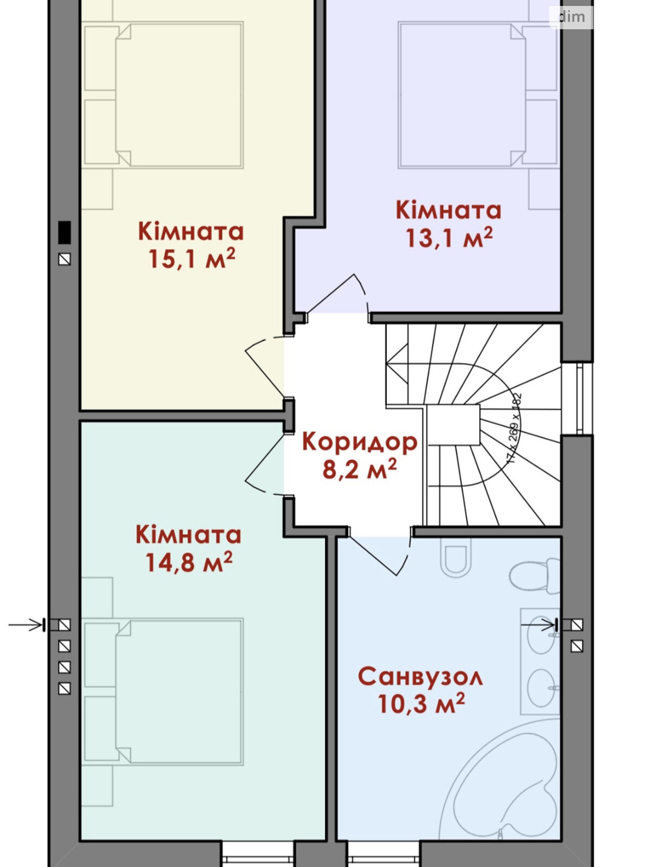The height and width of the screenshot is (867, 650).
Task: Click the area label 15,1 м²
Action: pyautogui.click(x=192, y=260)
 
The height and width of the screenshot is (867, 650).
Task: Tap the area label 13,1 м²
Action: pyautogui.click(x=449, y=238)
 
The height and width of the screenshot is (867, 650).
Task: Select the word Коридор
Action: pyautogui.click(x=360, y=442)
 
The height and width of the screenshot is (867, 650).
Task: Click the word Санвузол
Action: pyautogui.click(x=420, y=677)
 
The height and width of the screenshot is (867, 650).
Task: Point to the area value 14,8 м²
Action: pyautogui.click(x=188, y=562)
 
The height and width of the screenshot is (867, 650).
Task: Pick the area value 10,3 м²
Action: pyautogui.click(x=421, y=704)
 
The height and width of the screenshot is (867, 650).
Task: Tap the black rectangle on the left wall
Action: pyautogui.click(x=64, y=232)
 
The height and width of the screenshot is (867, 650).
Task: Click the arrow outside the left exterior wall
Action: pyautogui.click(x=26, y=625)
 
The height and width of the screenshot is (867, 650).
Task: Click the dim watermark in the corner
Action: pyautogui.click(x=571, y=17)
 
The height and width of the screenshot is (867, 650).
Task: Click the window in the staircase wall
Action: pyautogui.click(x=578, y=398)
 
